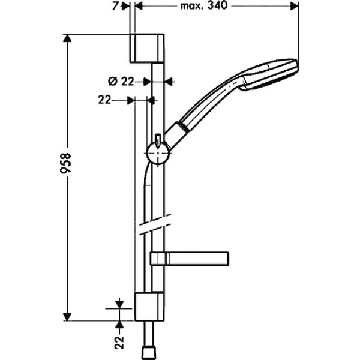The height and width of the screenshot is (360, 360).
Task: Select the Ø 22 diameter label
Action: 123,82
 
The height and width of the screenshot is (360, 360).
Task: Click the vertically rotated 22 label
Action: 119,342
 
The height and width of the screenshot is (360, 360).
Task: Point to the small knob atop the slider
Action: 157,139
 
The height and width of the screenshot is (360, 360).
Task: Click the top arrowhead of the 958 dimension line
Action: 68,38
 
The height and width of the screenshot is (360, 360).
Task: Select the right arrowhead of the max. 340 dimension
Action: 295,7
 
